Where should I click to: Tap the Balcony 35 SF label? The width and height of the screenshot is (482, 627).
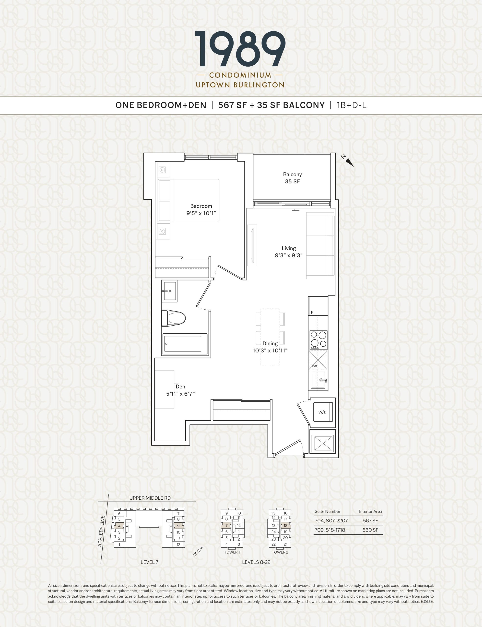pos(292,178)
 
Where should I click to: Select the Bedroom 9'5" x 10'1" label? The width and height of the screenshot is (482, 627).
pos(201,210)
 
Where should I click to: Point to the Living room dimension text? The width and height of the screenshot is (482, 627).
pos(289,255)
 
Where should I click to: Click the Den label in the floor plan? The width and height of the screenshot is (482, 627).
pos(180,387)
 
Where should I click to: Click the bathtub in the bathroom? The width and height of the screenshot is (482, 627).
pos(185,344)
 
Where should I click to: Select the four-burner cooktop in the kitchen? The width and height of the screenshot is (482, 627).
pos(318,340)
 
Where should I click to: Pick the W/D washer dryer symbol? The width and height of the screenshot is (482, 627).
pos(322,412)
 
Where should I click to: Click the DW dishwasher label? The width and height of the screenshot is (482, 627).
pos(314,366)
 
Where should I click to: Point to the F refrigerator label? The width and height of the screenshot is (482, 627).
pos(312,312)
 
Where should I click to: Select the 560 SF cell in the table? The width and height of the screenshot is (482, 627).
pos(370,530)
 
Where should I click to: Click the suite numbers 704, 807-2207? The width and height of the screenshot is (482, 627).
pos(331,520)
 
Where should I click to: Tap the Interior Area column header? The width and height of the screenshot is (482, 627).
pos(370,511)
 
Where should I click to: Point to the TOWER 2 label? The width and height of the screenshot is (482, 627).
pos(280,552)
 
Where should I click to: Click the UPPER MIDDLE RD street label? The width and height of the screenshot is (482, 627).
pos(150,498)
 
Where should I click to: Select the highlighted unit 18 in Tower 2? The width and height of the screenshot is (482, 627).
pos(285,526)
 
